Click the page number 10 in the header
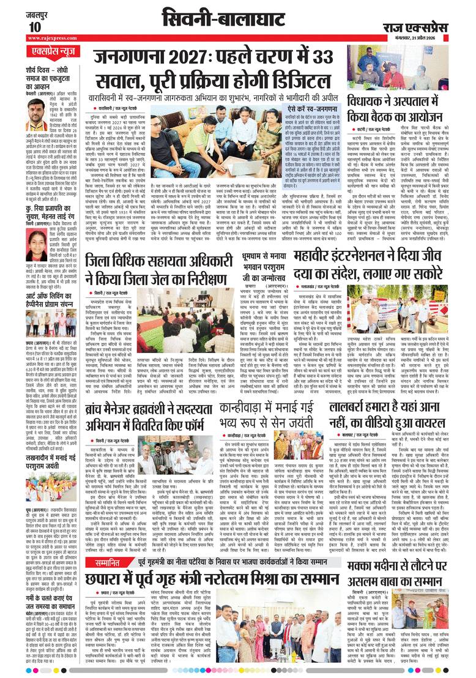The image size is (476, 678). point(34,27)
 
